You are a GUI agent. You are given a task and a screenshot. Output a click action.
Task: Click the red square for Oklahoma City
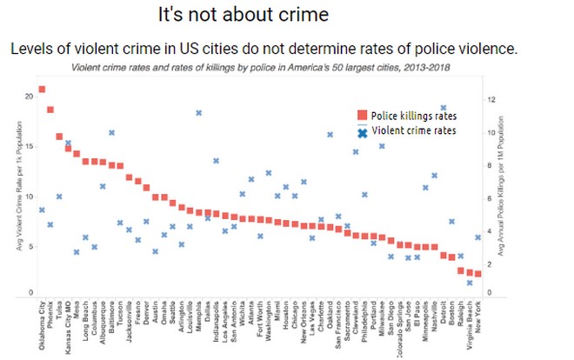pyautogui.click(x=43, y=90)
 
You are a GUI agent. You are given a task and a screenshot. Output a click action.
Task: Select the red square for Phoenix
pyautogui.click(x=50, y=110)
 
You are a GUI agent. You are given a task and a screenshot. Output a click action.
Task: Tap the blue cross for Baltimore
pyautogui.click(x=112, y=132)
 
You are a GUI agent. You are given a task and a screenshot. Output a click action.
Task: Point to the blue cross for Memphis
pyautogui.click(x=198, y=113)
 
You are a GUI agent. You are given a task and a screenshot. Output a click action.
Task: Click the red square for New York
pyautogui.click(x=477, y=274)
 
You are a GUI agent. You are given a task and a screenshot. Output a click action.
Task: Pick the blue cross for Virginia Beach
pyautogui.click(x=469, y=283)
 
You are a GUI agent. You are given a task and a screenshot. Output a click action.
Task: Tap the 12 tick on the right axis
pyautogui.click(x=491, y=100)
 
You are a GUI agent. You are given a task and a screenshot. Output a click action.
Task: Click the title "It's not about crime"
pyautogui.click(x=231, y=15)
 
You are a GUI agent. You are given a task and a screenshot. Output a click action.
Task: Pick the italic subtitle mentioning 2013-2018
pyautogui.click(x=266, y=68)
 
